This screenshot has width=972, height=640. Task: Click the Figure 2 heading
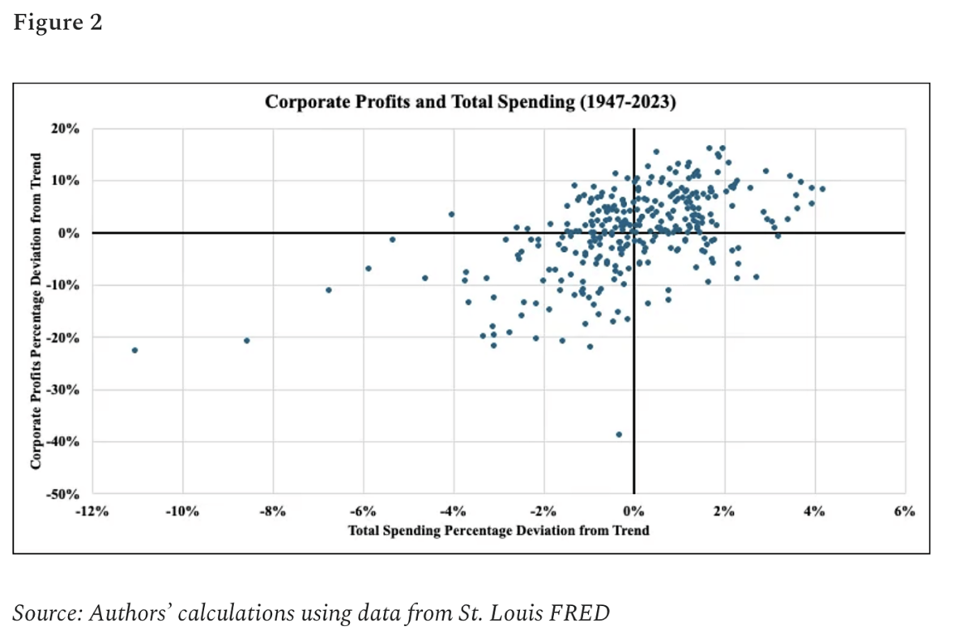[x=58, y=23]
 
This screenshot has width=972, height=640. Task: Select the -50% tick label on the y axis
[x=63, y=494]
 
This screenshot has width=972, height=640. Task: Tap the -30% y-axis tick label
[x=63, y=390]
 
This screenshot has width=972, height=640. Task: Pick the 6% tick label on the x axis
[x=905, y=511]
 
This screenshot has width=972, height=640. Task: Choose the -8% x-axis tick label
[x=272, y=511]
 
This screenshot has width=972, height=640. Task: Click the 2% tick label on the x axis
[x=724, y=511]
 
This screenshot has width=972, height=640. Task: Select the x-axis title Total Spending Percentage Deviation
[x=498, y=531]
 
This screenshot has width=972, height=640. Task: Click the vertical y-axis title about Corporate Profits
[x=36, y=312]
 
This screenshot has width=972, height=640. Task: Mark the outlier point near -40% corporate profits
[x=619, y=434]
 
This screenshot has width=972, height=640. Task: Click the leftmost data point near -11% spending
[x=134, y=350]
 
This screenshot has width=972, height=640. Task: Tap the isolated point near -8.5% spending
[x=247, y=340]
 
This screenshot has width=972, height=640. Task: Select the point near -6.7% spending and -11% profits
[x=328, y=290]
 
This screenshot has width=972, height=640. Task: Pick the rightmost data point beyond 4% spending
[x=822, y=189]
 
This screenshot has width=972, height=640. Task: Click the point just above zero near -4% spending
[x=451, y=214]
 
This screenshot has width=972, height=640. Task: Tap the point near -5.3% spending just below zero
[x=392, y=239]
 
